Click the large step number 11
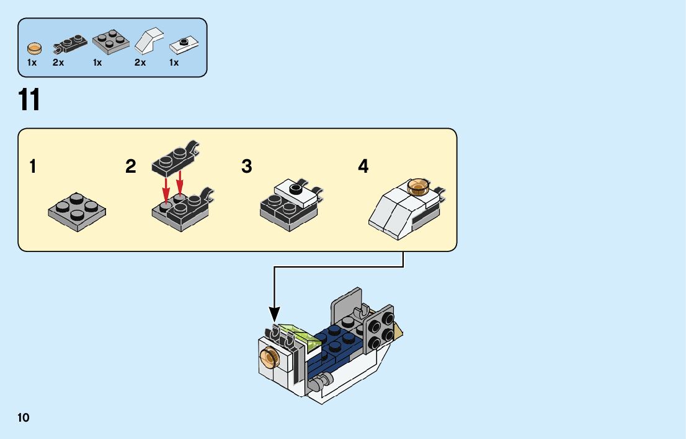pos(29,101)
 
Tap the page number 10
pos(24,417)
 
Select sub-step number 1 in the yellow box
pos(33,167)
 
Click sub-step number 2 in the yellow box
pos(130,167)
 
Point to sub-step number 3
pos(247,167)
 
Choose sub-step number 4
pos(363,167)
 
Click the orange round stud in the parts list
pos(35,47)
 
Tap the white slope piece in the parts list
pos(148,42)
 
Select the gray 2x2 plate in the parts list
pos(110,42)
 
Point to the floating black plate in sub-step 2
pos(176,158)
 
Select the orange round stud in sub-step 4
pos(418,186)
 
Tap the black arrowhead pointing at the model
pos(274,315)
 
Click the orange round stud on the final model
pos(270,357)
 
